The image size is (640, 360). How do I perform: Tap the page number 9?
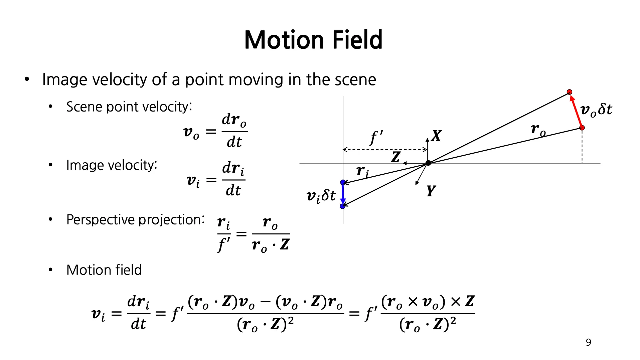point(588,342)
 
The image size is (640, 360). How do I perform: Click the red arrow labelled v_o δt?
point(576,111)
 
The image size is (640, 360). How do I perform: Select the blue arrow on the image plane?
point(343,194)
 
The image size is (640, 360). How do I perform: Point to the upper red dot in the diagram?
point(570,92)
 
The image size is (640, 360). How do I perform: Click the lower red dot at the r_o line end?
point(582,128)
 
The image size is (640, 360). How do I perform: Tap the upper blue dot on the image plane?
point(343,182)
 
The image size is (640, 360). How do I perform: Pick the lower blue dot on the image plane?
point(342,206)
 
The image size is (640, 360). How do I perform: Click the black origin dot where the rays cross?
point(428,163)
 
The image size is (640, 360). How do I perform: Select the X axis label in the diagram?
point(436,136)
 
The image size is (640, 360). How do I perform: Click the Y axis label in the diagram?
point(431,191)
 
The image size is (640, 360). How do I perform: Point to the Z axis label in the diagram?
point(395,157)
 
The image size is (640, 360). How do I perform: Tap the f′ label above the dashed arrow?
point(376,137)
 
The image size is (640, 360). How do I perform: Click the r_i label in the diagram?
point(362,171)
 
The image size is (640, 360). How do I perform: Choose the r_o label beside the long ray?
point(538,130)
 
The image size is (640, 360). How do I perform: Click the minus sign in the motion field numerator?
point(265,302)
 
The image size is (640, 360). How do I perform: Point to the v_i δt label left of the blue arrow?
point(321,196)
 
